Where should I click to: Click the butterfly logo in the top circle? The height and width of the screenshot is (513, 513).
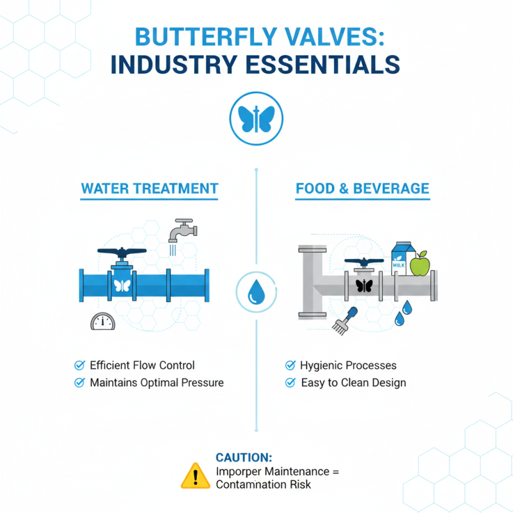(x=256, y=119)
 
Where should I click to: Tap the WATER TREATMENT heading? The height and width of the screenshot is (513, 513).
(x=149, y=189)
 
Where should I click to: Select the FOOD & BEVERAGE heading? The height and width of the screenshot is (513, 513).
(x=362, y=189)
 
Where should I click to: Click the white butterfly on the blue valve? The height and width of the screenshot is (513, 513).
(x=122, y=286)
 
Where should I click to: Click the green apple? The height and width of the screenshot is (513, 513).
(x=419, y=264)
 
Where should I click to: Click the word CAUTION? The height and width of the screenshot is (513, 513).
(x=244, y=458)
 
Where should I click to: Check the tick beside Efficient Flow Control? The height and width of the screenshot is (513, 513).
(x=80, y=366)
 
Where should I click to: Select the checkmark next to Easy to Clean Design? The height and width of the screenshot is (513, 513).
(x=290, y=383)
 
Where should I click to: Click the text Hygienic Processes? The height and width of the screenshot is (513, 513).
(x=348, y=366)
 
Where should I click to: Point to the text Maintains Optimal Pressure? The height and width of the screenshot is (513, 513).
(x=156, y=383)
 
